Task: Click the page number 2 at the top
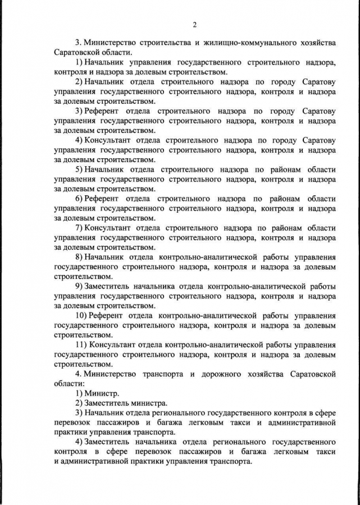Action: coord(194,24)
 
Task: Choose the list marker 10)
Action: coord(81,315)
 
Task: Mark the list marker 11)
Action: coord(81,345)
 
